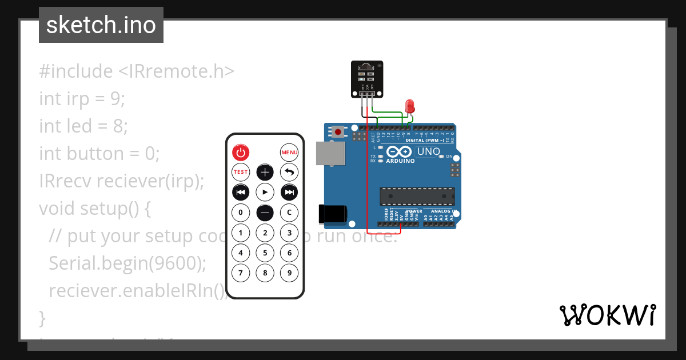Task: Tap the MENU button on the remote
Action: pos(289,152)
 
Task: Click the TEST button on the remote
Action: pos(241,171)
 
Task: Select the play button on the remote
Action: pos(265,191)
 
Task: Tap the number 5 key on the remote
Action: pos(265,253)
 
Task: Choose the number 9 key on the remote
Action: pos(289,273)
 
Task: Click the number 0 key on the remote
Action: pos(241,213)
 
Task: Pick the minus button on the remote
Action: pos(265,213)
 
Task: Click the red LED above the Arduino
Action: pos(409,106)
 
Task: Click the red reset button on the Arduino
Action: pos(338,132)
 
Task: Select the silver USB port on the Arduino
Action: pos(330,154)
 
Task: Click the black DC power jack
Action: pos(333,214)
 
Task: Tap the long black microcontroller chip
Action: pos(417,196)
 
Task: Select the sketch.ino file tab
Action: pos(101,25)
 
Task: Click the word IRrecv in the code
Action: pos(65,181)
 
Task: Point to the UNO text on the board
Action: pos(429,151)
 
